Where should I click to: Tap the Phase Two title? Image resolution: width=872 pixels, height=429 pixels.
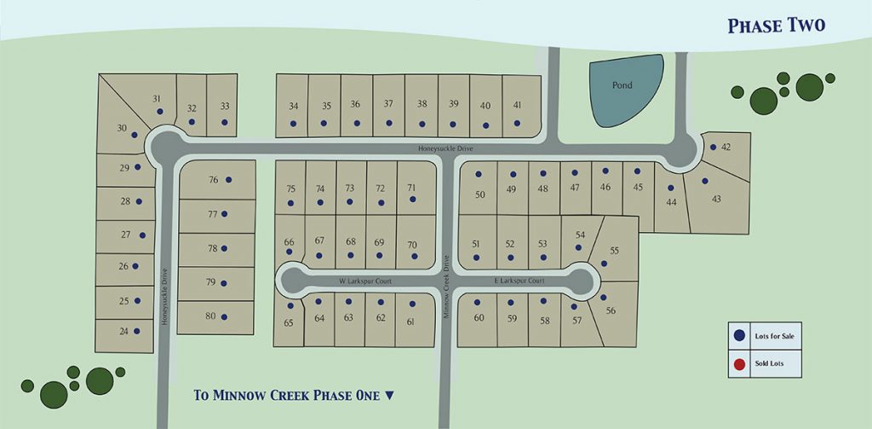point(776,26)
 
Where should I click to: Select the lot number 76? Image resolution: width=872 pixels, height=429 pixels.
point(214,179)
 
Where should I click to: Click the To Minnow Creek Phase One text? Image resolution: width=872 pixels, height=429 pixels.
point(294,395)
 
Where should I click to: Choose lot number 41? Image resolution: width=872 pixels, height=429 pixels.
point(517,105)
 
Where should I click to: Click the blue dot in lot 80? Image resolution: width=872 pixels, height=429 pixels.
point(224,316)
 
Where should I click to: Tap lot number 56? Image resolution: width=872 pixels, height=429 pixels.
point(611,310)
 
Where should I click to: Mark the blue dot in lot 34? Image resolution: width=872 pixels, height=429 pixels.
point(294,124)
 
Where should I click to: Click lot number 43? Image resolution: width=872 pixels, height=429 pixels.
point(716,199)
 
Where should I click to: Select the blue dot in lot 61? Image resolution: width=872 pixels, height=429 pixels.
point(410,303)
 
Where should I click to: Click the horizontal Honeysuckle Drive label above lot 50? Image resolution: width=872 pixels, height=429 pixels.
point(445,148)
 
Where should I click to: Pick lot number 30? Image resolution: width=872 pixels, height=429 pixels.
point(123,128)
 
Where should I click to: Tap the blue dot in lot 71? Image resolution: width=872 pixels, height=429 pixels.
point(412,200)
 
